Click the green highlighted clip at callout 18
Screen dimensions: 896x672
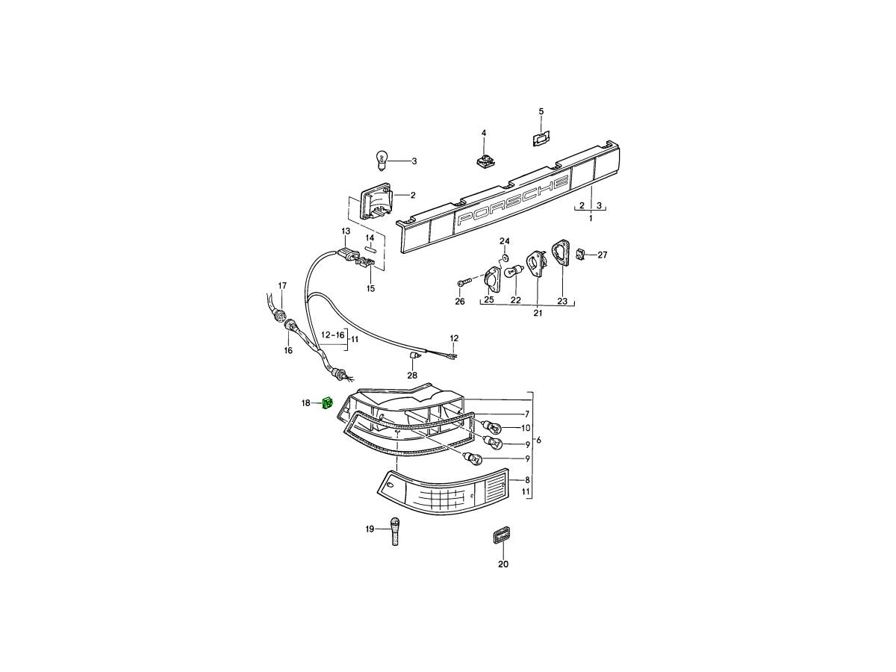[x=327, y=403]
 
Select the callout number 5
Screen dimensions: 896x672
[x=541, y=111]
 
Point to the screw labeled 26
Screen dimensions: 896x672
[x=464, y=282]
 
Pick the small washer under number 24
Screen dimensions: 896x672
[x=505, y=258]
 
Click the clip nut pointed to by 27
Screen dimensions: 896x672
[x=579, y=255]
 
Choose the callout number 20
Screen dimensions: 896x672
[x=503, y=564]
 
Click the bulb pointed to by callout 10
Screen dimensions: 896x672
[x=491, y=428]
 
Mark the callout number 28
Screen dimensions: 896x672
[x=412, y=375]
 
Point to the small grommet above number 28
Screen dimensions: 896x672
[x=414, y=358]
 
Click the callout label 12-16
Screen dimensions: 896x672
[x=333, y=335]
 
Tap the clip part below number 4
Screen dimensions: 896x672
[x=484, y=161]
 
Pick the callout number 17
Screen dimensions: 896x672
[x=282, y=286]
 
